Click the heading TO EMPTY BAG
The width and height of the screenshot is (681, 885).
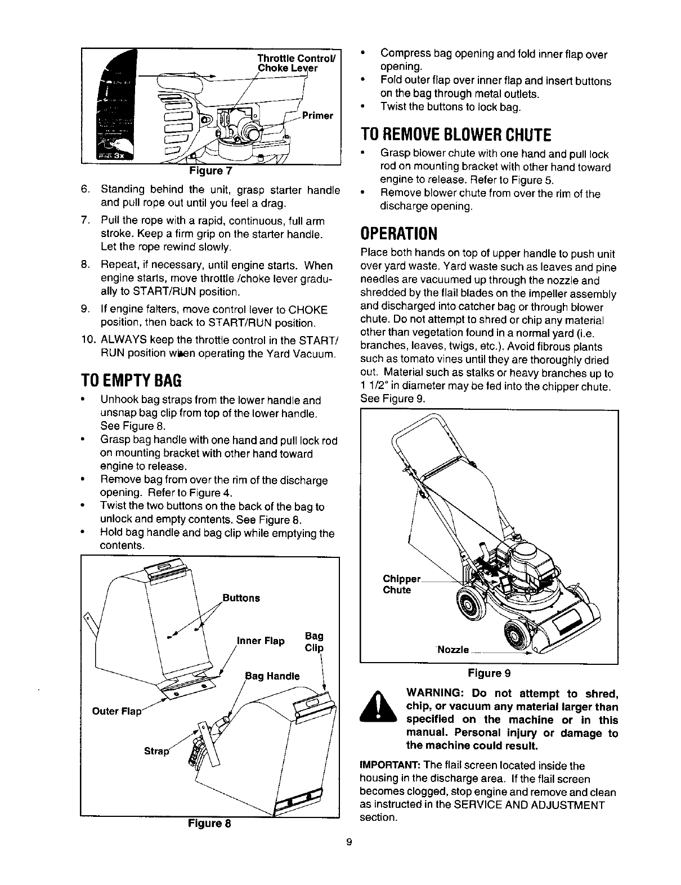[131, 381]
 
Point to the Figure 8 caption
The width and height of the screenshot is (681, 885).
[209, 823]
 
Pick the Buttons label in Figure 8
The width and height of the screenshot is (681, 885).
[241, 597]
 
